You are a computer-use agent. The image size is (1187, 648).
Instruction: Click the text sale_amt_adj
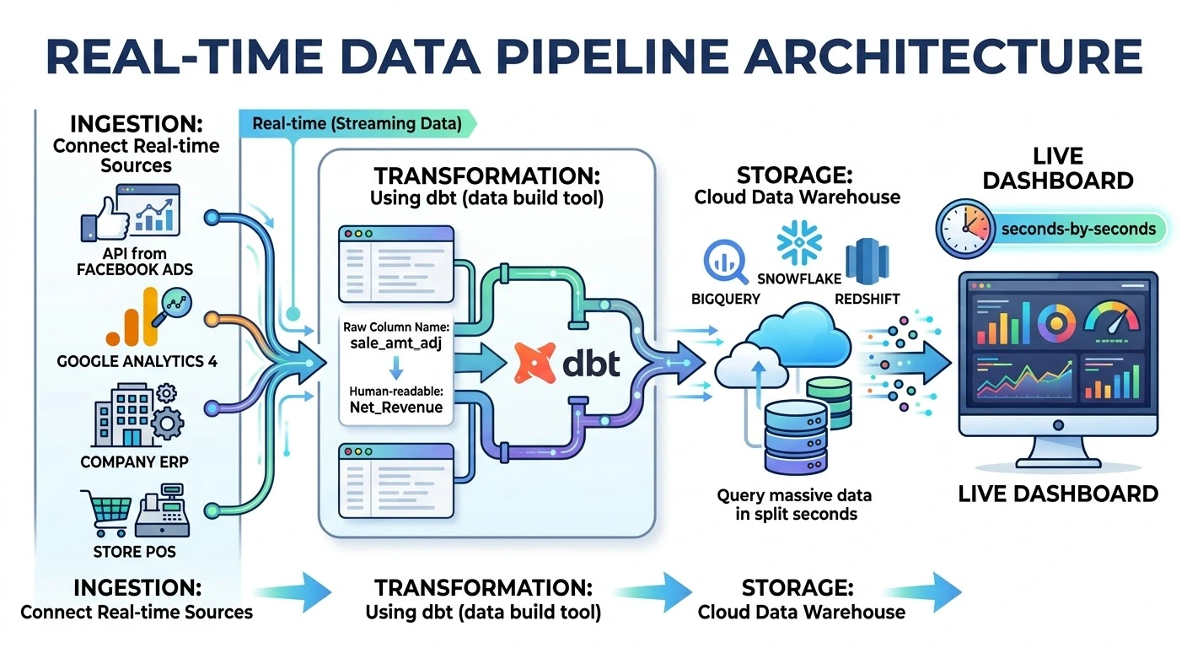[396, 343]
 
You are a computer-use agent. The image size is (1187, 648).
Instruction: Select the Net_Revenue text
[396, 408]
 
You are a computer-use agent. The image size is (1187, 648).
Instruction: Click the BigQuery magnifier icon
[724, 262]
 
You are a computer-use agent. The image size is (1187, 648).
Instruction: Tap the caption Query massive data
[794, 494]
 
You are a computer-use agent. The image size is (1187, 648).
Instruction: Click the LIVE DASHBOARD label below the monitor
[1058, 494]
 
